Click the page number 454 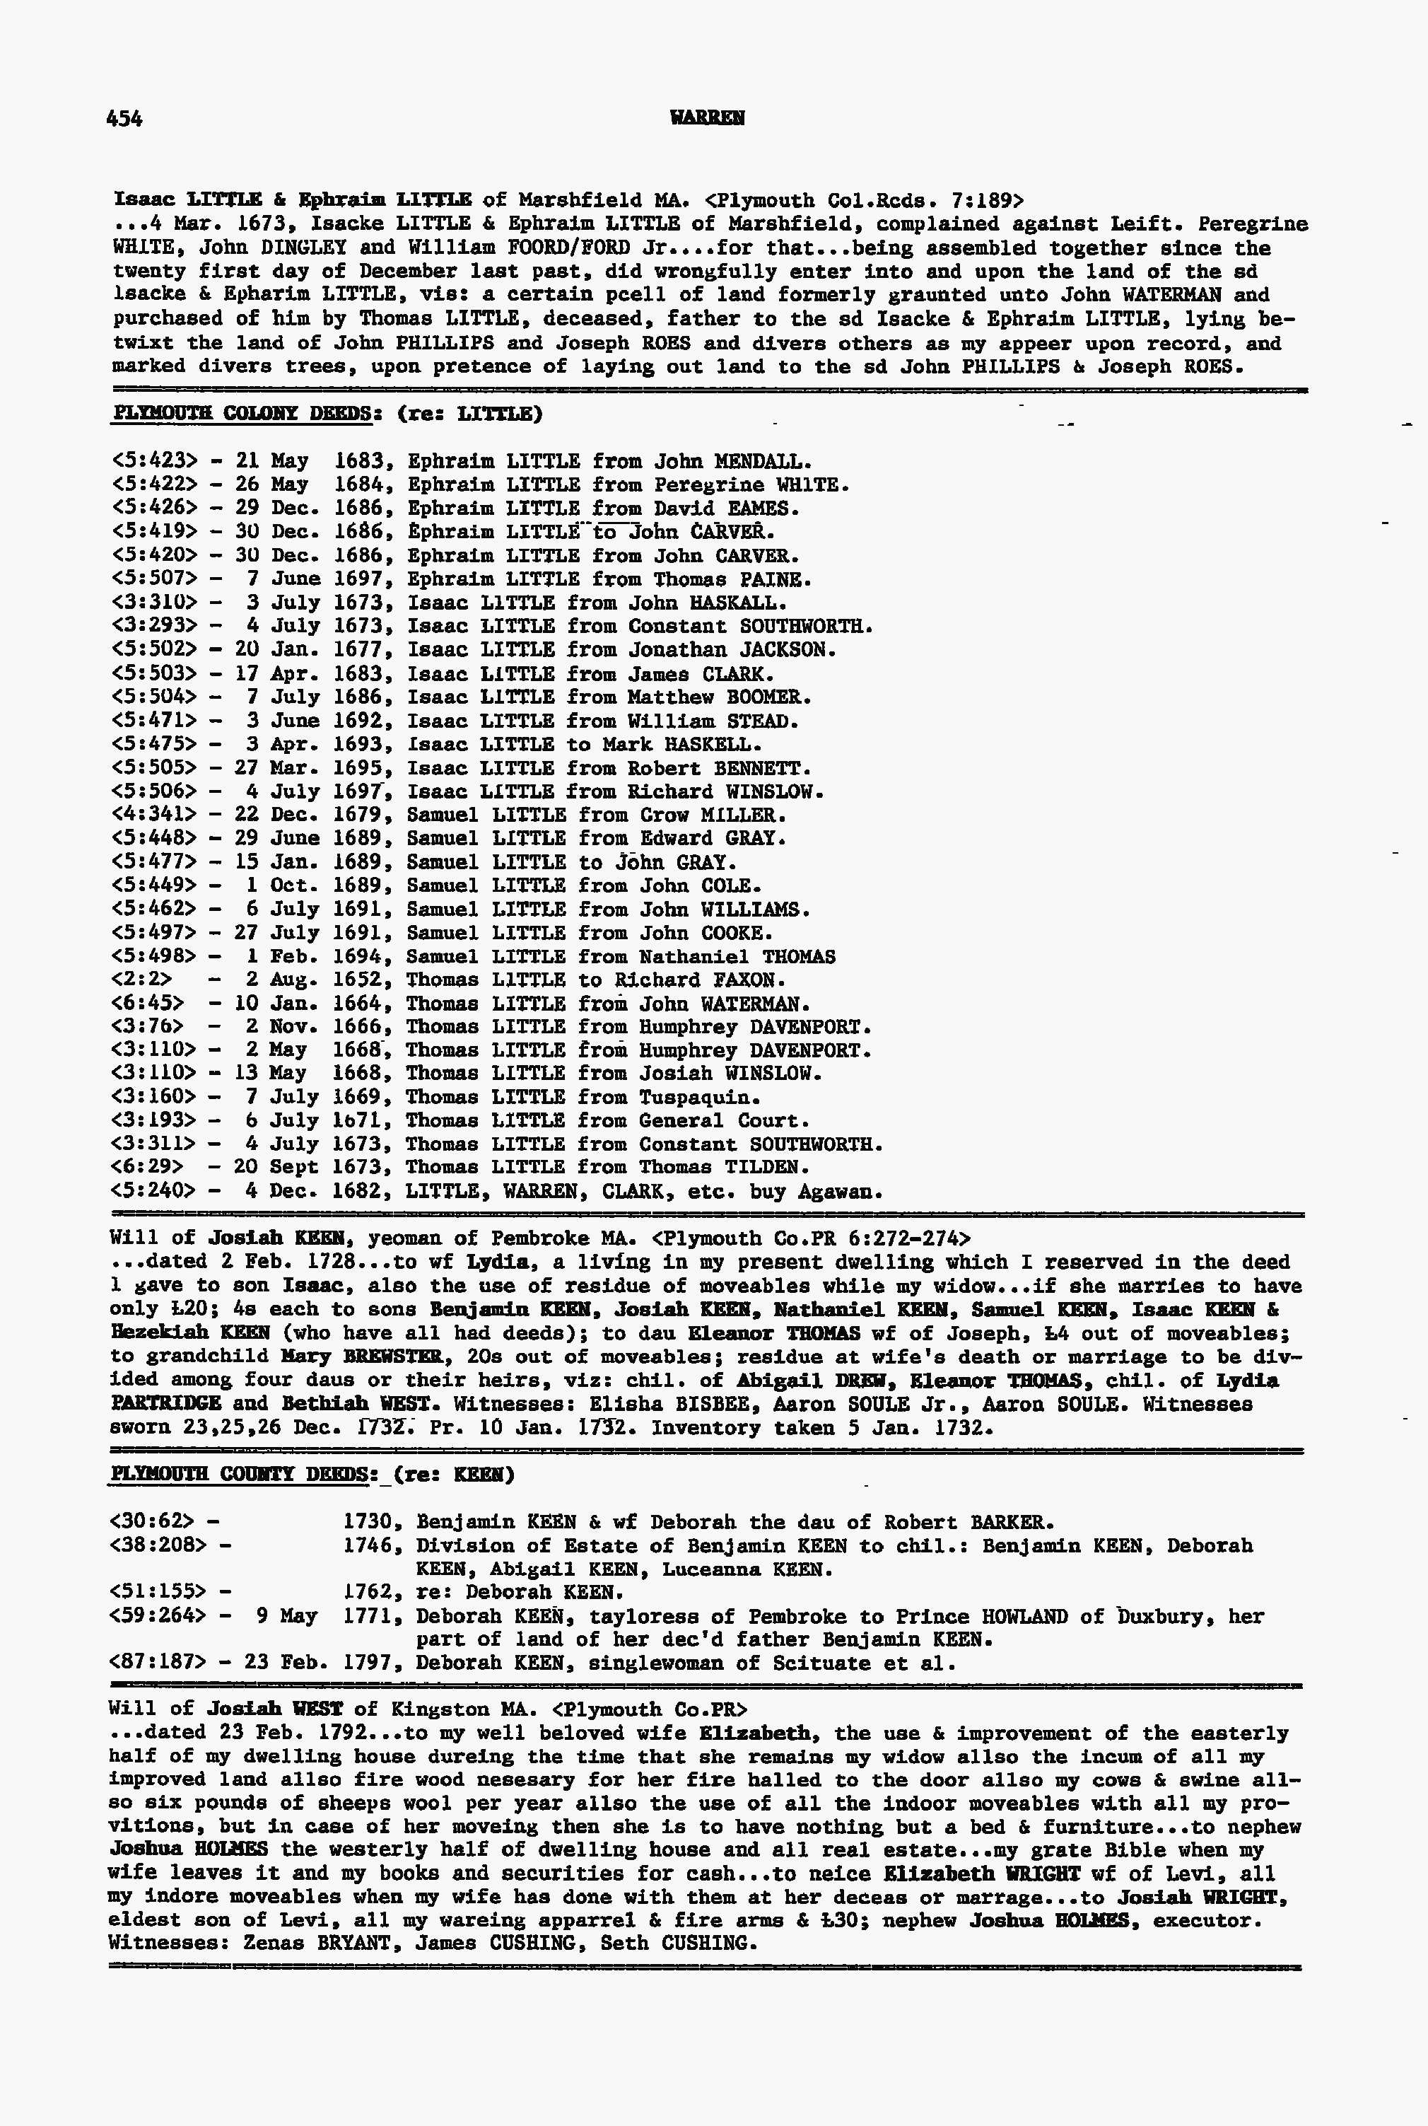tap(124, 118)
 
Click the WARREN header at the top tap(707, 118)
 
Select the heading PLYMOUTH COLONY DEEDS tap(241, 414)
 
